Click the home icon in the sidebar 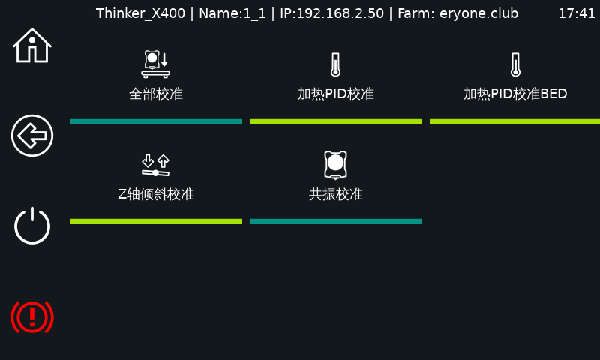pyautogui.click(x=32, y=46)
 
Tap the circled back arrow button pyautogui.click(x=32, y=136)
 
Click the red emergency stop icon pyautogui.click(x=32, y=316)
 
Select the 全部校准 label pyautogui.click(x=156, y=94)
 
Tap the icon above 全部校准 pyautogui.click(x=156, y=64)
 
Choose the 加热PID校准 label pyautogui.click(x=336, y=94)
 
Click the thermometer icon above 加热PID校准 pyautogui.click(x=336, y=65)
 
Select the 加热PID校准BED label pyautogui.click(x=515, y=94)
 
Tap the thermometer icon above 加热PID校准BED pyautogui.click(x=515, y=65)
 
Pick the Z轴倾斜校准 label pyautogui.click(x=156, y=194)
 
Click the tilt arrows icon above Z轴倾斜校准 pyautogui.click(x=156, y=165)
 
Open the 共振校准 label pyautogui.click(x=336, y=194)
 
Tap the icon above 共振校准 pyautogui.click(x=336, y=164)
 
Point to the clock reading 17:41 pyautogui.click(x=577, y=13)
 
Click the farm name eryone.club pyautogui.click(x=478, y=13)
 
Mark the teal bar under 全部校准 pyautogui.click(x=156, y=121)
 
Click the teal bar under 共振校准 pyautogui.click(x=336, y=221)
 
